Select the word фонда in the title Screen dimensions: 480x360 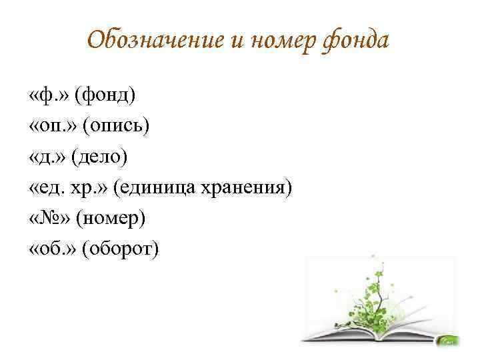coord(355,42)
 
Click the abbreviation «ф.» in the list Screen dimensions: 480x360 coord(49,95)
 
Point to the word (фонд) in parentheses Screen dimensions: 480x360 coord(105,95)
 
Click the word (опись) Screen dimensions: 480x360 coord(116,126)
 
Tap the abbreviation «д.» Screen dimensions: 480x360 coord(47,157)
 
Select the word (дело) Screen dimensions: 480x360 coord(99,157)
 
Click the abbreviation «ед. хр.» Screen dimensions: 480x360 coord(68,187)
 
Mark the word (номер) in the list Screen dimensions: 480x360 coord(111,219)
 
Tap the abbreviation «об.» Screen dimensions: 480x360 coord(52,248)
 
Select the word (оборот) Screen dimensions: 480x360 coord(120,249)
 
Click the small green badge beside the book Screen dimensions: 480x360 coord(448,341)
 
